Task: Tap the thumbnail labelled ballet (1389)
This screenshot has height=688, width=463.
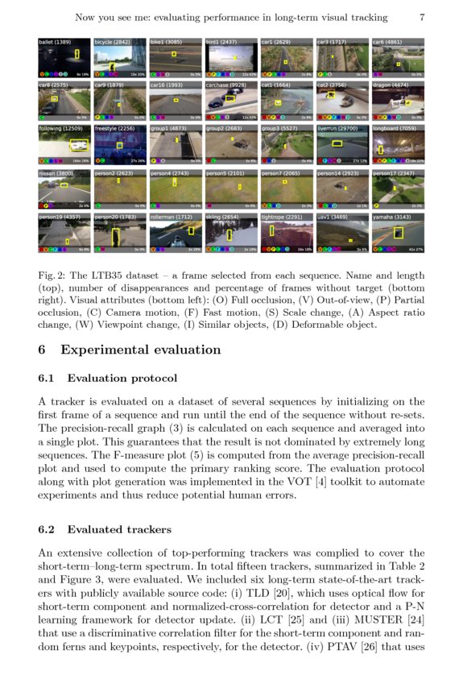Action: (x=64, y=58)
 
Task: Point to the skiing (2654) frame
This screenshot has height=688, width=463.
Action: (x=230, y=233)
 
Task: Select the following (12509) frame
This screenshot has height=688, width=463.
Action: (x=64, y=145)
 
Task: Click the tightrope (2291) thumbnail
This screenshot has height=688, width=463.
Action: (x=287, y=233)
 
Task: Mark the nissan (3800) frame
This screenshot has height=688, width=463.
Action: (x=64, y=189)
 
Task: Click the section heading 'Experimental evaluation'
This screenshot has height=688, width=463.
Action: (x=140, y=350)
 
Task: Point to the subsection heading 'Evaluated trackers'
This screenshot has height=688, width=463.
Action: (x=119, y=529)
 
